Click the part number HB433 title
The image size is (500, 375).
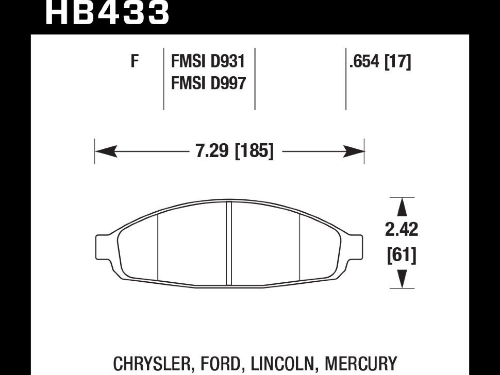point(107,13)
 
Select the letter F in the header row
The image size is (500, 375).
point(135,62)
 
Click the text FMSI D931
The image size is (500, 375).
point(208,62)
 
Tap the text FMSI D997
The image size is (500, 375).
point(208,82)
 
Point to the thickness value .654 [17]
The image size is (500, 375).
point(379,62)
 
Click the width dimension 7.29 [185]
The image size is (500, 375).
point(235,151)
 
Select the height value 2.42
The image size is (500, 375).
point(402,229)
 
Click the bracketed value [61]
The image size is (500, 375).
point(402,254)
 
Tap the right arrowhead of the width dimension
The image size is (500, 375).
point(356,151)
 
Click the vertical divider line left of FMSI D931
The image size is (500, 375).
point(163,80)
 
